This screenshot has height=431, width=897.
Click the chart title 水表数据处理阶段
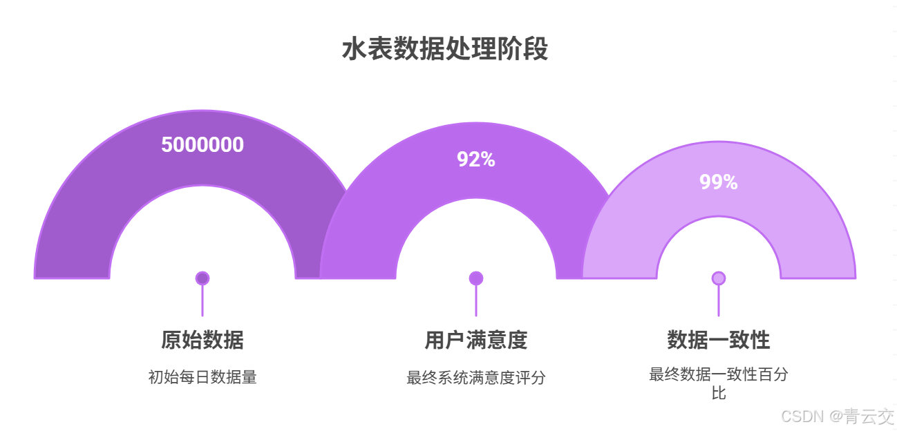445,50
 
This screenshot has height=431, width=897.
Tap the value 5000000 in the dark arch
202,145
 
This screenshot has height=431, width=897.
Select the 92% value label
476,160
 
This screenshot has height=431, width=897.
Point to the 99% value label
719,182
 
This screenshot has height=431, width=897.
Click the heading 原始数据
202,340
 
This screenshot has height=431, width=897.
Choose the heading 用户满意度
476,340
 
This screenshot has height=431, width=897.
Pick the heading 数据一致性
719,340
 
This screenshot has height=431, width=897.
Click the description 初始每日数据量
202,377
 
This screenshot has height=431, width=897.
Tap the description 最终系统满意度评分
476,378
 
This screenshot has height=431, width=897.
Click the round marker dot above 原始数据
202,278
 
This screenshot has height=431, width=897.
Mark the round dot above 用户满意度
476,278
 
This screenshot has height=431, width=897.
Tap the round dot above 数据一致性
719,278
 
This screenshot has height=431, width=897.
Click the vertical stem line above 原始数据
202,301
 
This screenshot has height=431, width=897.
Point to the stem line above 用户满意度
476,301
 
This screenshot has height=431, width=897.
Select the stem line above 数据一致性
719,301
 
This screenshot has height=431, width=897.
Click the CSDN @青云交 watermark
838,416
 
